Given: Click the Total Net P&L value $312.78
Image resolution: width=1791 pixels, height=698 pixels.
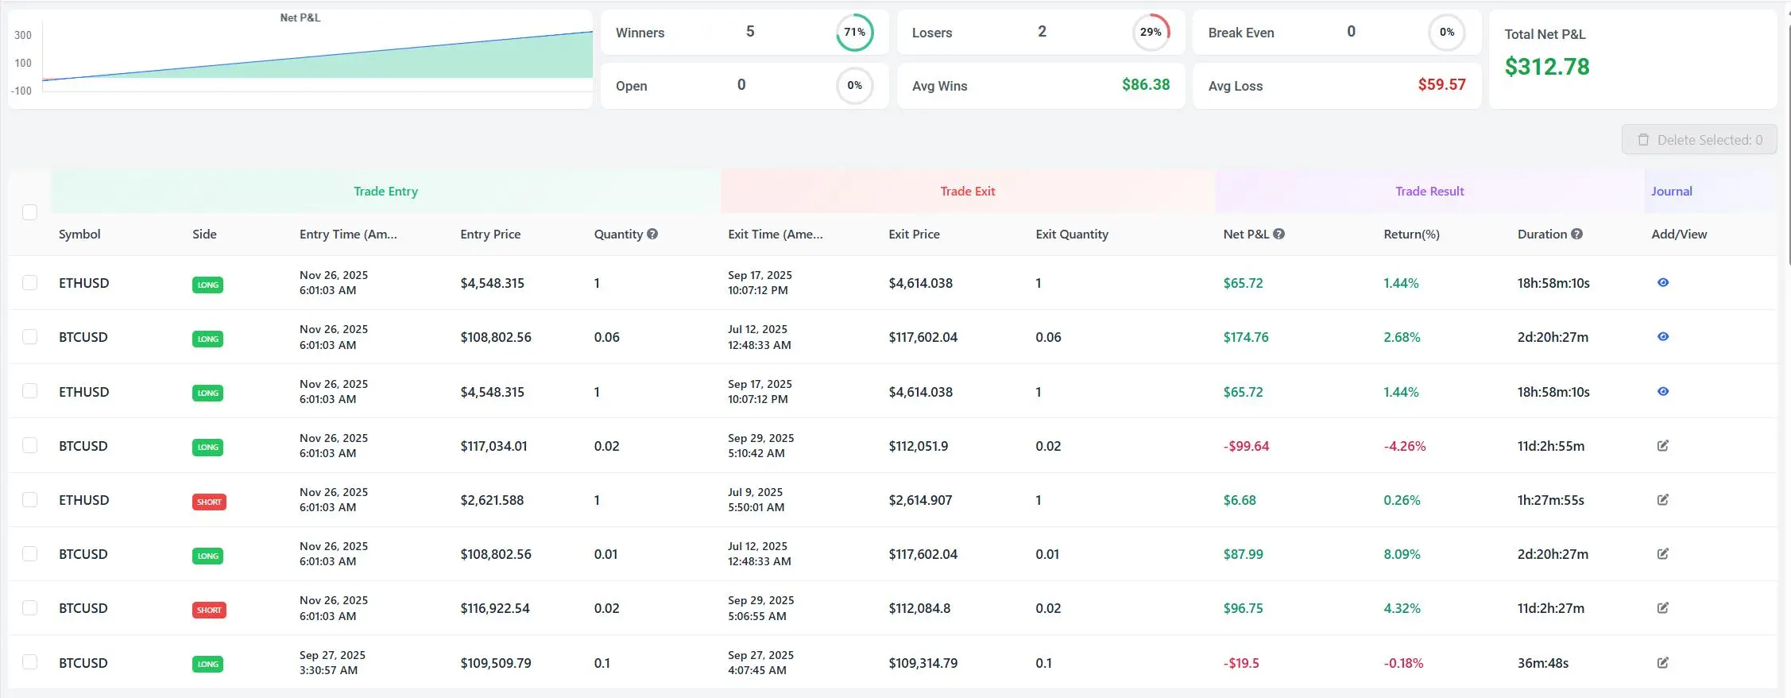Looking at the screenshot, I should [1546, 67].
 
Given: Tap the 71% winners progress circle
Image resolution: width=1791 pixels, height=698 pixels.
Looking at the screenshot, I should [854, 33].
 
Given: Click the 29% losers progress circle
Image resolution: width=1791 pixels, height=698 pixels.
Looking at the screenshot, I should [1151, 33].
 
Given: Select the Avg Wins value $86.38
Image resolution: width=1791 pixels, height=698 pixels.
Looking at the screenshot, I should [1145, 85].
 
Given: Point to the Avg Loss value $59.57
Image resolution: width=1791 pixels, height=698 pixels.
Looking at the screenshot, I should [1441, 85].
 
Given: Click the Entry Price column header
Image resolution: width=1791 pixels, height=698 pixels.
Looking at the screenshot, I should [490, 235].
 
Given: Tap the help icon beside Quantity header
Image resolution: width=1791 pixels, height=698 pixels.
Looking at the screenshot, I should [652, 235].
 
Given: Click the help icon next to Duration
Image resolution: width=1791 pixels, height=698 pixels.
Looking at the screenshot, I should [1577, 235].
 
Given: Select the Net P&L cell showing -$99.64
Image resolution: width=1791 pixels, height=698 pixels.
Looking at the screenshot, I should [1246, 447].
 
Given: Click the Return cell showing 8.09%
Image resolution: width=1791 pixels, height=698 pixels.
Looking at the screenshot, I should [1402, 555].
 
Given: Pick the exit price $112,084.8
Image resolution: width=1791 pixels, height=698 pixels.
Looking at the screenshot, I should [919, 609].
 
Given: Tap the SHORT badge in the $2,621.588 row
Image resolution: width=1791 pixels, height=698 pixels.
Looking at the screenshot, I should [209, 502].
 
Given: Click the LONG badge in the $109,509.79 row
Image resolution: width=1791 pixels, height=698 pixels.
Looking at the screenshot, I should [207, 665].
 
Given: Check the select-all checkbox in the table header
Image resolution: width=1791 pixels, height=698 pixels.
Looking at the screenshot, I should [30, 212].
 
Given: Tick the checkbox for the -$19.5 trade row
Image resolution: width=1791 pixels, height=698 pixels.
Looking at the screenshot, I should [30, 662].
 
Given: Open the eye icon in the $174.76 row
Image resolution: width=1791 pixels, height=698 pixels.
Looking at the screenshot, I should [1663, 337].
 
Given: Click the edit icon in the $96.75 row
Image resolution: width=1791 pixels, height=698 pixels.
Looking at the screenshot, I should [1663, 608].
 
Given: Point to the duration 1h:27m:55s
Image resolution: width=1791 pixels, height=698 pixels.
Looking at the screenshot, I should [1550, 501].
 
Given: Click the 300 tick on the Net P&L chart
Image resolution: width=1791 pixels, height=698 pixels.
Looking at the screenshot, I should [23, 36].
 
